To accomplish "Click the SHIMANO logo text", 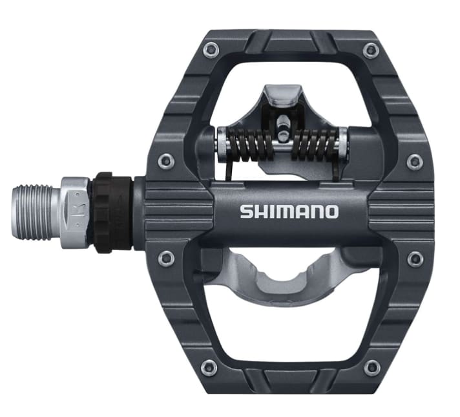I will pyautogui.click(x=288, y=211).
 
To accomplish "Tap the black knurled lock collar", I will pyautogui.click(x=111, y=211).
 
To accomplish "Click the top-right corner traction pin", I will pyautogui.click(x=370, y=50).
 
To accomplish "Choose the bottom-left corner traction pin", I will pyautogui.click(x=208, y=368).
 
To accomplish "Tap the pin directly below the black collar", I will pyautogui.click(x=167, y=259).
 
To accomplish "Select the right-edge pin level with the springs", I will pyautogui.click(x=414, y=160).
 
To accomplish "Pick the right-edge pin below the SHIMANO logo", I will pyautogui.click(x=414, y=259).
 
